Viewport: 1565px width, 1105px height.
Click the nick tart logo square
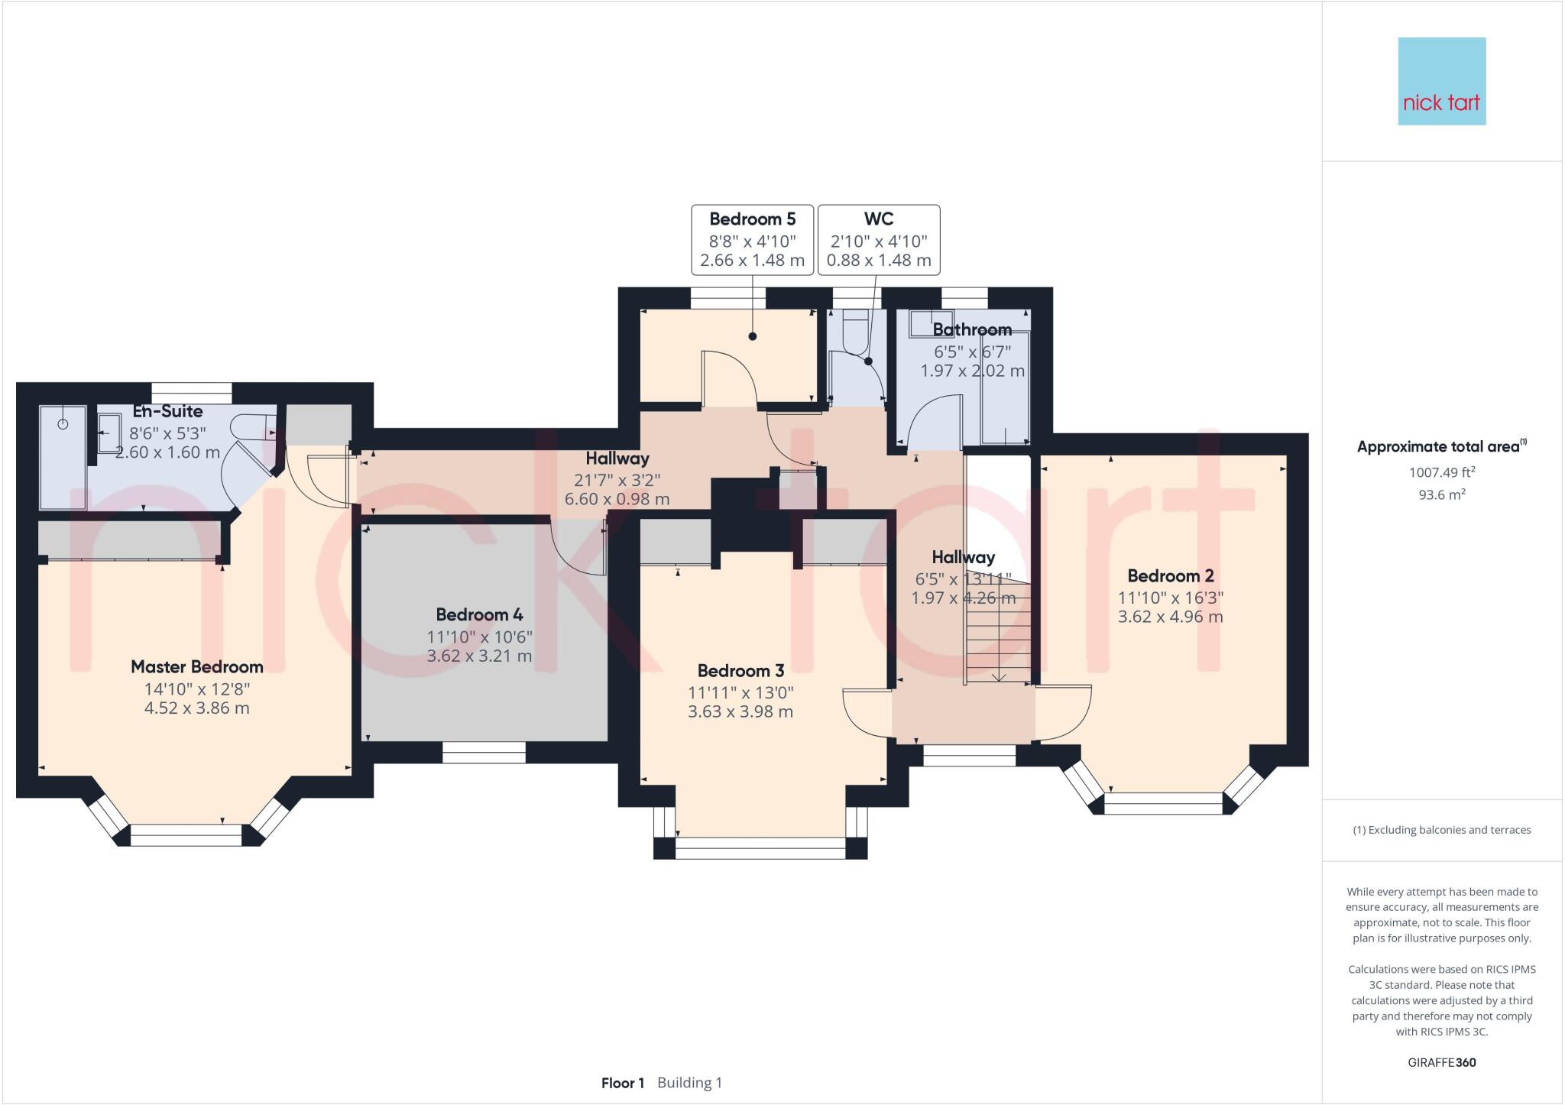[x=1441, y=81]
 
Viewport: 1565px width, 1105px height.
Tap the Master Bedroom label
[x=197, y=666]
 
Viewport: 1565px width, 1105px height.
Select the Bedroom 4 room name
[x=479, y=614]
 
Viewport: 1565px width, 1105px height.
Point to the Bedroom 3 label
[x=740, y=671]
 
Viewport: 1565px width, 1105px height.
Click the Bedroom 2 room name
[x=1170, y=576]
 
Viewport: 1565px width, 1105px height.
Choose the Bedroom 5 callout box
[x=753, y=240]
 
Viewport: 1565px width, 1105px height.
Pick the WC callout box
[x=879, y=240]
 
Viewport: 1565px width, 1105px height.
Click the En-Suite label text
[x=167, y=412]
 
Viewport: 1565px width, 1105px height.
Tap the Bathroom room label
[x=972, y=330]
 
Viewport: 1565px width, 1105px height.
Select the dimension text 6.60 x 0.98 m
[x=617, y=499]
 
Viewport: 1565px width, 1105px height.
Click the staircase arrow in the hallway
[x=999, y=642]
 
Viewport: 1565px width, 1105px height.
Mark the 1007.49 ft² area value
[x=1442, y=472]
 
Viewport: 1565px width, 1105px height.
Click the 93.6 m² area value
[x=1442, y=494]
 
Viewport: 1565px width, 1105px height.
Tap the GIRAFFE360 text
[x=1442, y=1062]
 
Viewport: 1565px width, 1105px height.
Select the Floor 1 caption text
[x=623, y=1083]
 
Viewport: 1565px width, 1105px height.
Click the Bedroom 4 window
[x=484, y=752]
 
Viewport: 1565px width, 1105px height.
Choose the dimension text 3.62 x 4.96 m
[x=1170, y=617]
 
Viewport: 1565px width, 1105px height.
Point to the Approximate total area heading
[x=1442, y=446]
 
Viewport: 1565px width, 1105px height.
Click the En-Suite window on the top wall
[x=191, y=393]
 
